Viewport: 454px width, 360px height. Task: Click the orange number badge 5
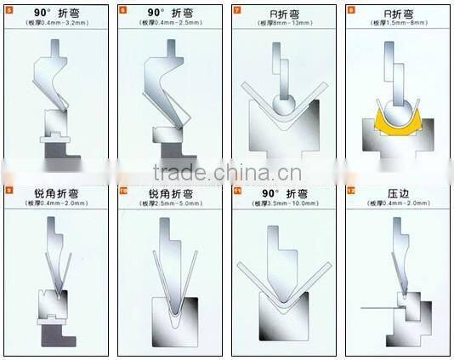9,10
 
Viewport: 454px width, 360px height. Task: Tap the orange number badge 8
350,10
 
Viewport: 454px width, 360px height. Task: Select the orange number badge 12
350,191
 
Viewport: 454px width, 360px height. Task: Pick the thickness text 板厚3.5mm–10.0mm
284,204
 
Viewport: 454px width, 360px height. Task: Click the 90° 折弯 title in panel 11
284,194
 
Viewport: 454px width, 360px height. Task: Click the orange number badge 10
123,191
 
